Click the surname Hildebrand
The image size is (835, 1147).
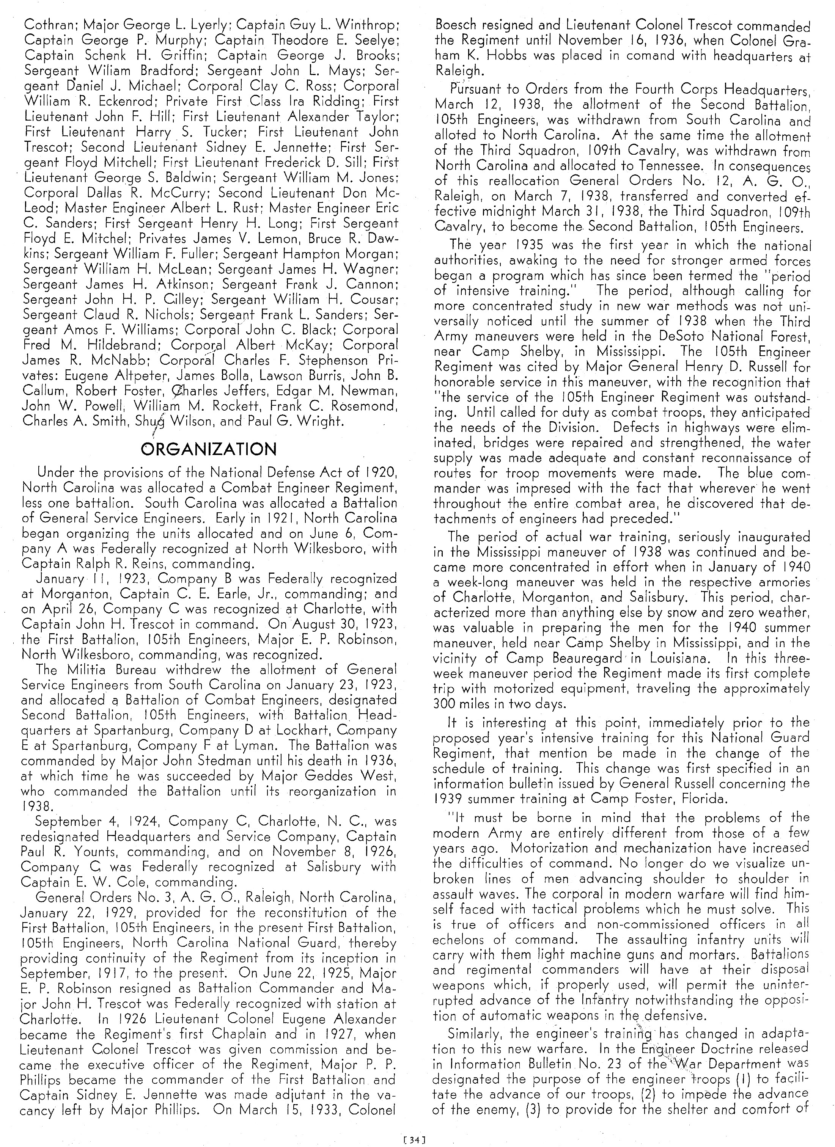point(122,345)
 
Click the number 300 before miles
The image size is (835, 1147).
point(446,703)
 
